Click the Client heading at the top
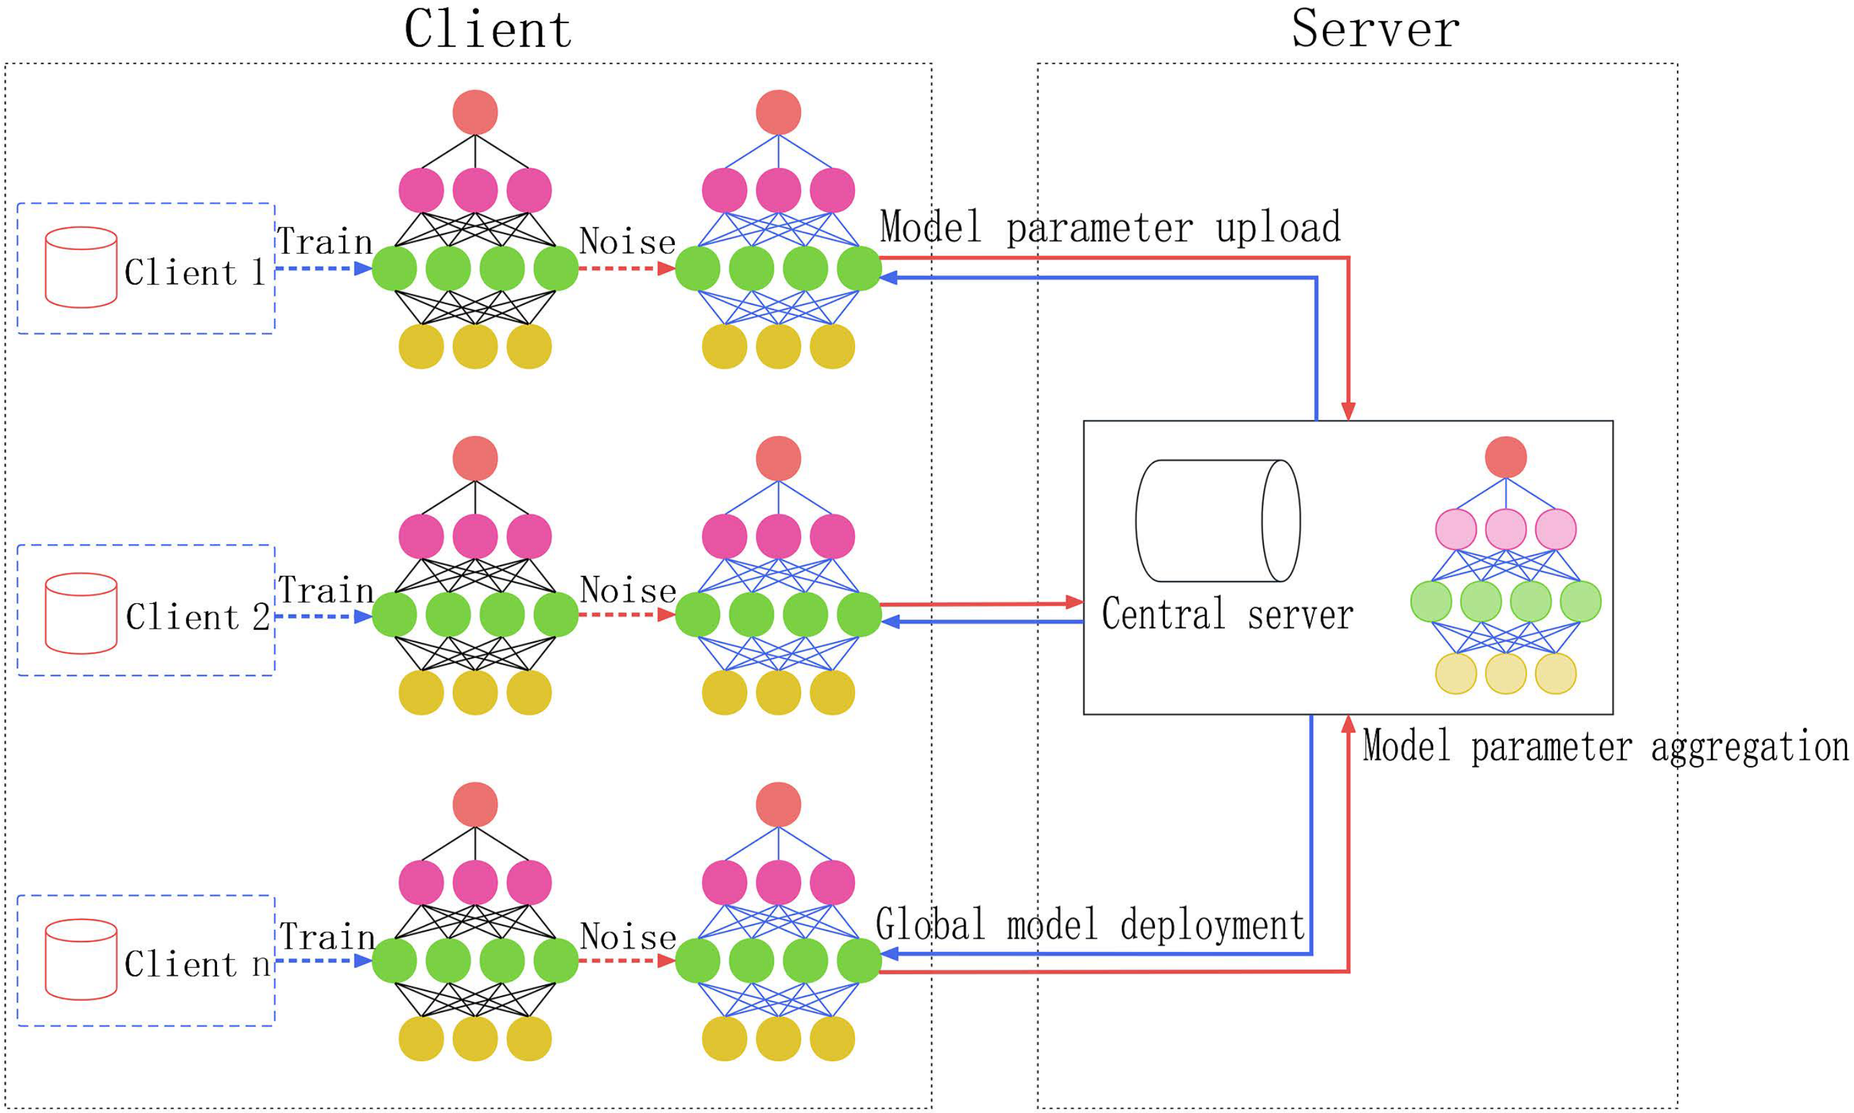click(488, 30)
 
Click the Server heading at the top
click(1375, 30)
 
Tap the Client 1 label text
click(194, 272)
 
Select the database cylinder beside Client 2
click(80, 613)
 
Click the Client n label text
click(197, 963)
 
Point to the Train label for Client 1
click(325, 242)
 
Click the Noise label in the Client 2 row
click(628, 589)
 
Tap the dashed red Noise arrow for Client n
click(626, 961)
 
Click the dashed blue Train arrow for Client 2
click(323, 617)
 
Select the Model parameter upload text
click(1110, 227)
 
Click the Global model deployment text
click(1089, 925)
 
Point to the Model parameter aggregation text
click(1605, 747)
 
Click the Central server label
click(1227, 614)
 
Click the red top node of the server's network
click(1505, 457)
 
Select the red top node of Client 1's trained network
click(475, 112)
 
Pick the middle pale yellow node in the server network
click(1505, 673)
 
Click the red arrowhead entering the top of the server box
click(1348, 410)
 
